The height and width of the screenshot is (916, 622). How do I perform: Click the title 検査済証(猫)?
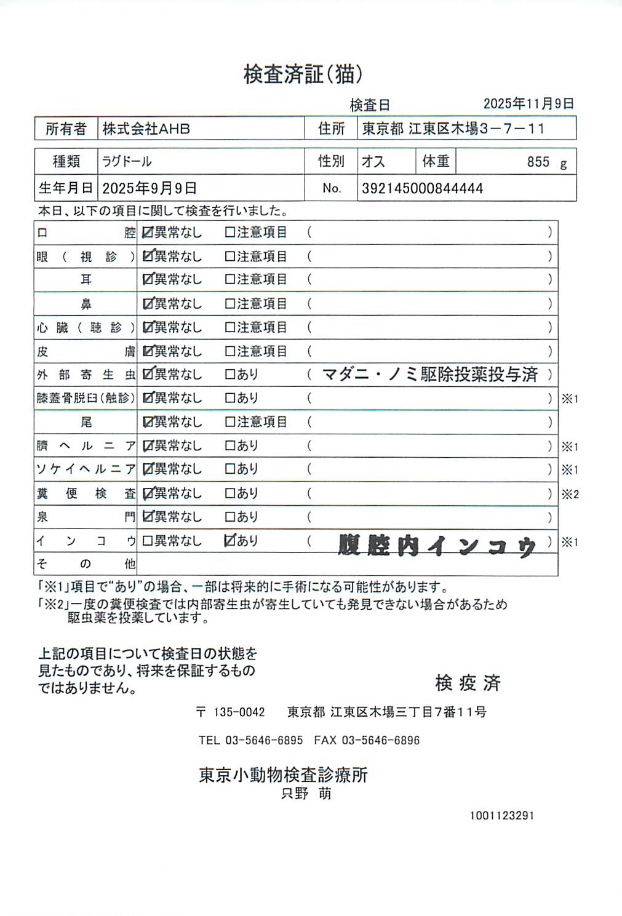[303, 74]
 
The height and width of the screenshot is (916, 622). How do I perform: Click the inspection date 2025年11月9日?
[528, 104]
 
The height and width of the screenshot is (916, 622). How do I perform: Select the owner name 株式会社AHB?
[146, 129]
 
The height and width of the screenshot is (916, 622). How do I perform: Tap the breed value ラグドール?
[127, 161]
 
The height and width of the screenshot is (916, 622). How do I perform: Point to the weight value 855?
[538, 162]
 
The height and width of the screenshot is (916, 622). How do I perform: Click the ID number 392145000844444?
[422, 188]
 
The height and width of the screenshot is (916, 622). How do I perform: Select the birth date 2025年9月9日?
[150, 188]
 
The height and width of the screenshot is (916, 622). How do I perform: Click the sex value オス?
[373, 161]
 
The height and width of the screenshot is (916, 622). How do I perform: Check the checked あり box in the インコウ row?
[230, 541]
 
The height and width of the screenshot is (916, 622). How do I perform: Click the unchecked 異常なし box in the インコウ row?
[147, 541]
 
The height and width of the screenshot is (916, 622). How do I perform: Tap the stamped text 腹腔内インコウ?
[437, 545]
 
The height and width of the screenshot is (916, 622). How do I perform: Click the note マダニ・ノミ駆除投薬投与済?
[429, 374]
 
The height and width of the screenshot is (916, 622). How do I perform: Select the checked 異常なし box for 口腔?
[148, 233]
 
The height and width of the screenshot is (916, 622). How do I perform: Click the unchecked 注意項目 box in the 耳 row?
[230, 279]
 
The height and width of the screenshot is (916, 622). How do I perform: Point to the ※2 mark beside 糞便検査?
[570, 494]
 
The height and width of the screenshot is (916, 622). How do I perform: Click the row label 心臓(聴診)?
[85, 327]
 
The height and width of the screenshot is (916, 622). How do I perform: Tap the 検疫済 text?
[468, 682]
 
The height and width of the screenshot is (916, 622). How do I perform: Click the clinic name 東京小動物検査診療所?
[283, 775]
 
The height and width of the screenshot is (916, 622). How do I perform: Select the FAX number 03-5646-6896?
[380, 740]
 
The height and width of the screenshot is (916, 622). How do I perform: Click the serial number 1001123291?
[502, 816]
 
